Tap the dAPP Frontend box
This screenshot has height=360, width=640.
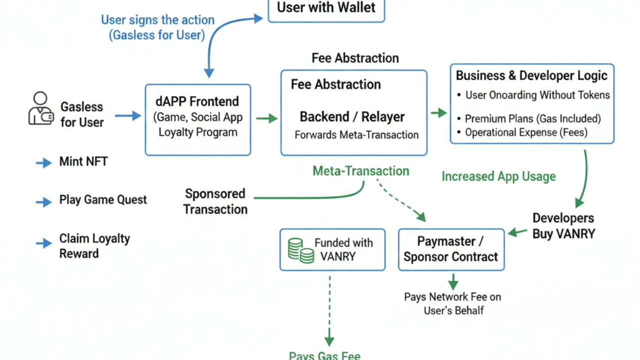197,120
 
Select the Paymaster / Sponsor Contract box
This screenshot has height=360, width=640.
451,249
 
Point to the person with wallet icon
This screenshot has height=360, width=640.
40,108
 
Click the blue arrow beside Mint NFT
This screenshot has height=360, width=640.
44,163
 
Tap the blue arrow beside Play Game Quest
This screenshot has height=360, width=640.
44,202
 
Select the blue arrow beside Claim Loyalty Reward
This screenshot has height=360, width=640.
44,243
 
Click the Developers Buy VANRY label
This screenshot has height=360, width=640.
563,225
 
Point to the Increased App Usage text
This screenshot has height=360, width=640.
498,176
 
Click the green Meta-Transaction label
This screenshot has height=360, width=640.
360,171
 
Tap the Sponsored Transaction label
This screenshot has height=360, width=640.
215,201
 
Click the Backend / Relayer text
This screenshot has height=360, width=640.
352,117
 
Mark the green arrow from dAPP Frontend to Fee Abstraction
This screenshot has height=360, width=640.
266,118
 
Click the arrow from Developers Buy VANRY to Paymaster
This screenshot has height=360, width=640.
517,232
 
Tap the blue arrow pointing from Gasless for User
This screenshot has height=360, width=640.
128,116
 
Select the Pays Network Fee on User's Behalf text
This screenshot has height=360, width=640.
452,303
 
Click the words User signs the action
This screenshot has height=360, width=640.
157,20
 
